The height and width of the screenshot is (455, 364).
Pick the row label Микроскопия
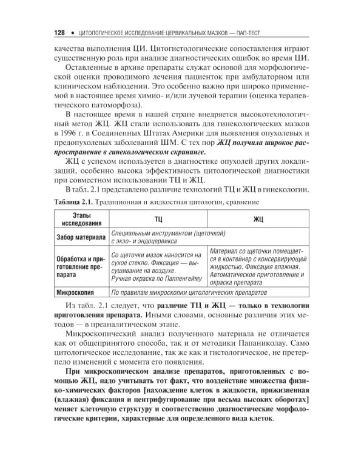click(76, 292)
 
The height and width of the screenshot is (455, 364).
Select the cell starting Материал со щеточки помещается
click(258, 266)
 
